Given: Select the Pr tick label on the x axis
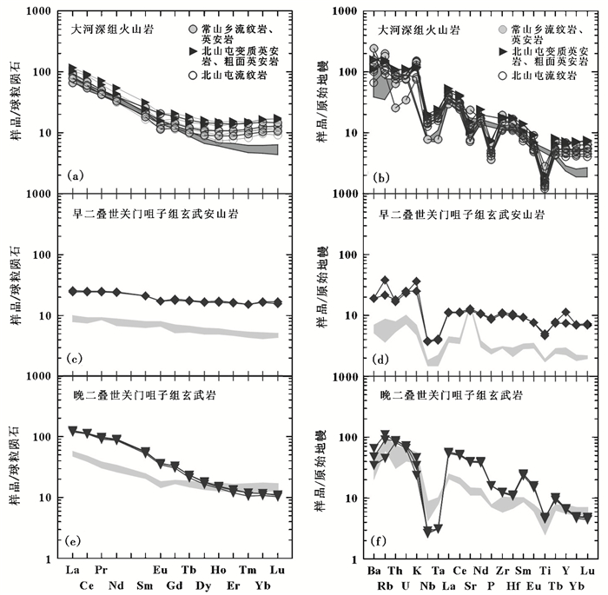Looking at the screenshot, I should pyautogui.click(x=101, y=569).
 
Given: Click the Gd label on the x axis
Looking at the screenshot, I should pyautogui.click(x=175, y=585).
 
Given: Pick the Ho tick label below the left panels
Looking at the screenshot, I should pyautogui.click(x=218, y=569).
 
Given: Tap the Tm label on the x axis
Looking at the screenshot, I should pyautogui.click(x=248, y=569).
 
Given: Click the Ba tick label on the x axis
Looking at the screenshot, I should pyautogui.click(x=374, y=569).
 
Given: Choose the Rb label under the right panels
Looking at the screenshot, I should pyautogui.click(x=385, y=585).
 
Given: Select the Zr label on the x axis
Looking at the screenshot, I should pyautogui.click(x=501, y=569).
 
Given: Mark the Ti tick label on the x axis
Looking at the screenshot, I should pyautogui.click(x=545, y=569).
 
